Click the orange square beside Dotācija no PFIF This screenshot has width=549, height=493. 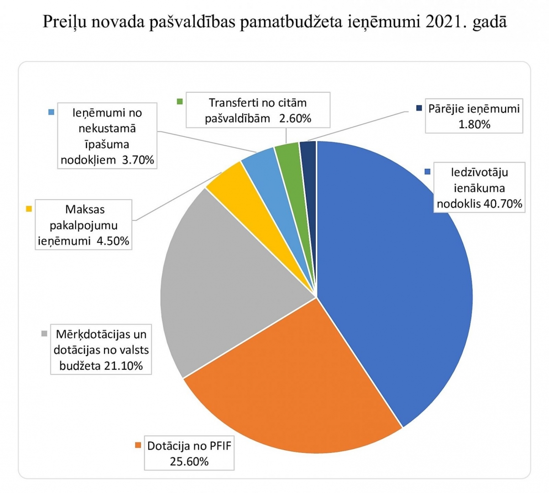tap(137, 445)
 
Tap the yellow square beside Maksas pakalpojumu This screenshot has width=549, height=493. tap(29, 209)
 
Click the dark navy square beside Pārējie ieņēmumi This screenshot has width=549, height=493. tap(418, 108)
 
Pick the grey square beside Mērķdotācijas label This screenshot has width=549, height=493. tap(44, 333)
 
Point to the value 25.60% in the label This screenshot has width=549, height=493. tap(189, 461)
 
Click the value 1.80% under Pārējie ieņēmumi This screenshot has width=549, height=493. tap(474, 124)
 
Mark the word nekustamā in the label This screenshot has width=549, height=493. tap(107, 128)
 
